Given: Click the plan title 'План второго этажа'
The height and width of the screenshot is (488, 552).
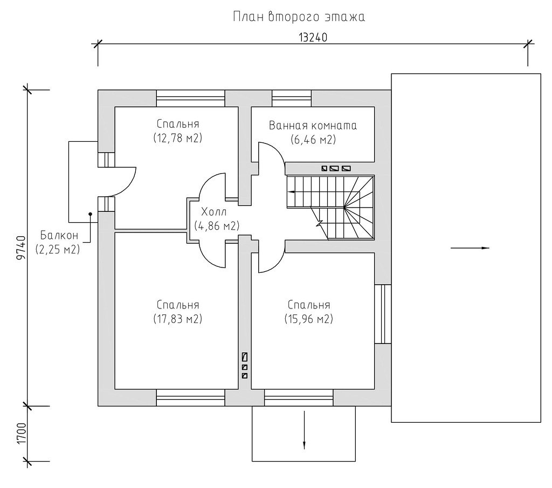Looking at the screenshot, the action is click(299, 17).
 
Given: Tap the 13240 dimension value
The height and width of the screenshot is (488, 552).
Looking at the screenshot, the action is click(313, 37).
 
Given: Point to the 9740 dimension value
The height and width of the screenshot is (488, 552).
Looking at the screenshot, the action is click(22, 248).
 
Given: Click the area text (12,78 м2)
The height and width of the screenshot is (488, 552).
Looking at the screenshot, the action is click(178, 138).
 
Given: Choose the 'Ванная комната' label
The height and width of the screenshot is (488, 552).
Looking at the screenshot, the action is click(313, 126).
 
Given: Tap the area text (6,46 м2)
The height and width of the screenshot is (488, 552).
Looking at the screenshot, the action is click(313, 140).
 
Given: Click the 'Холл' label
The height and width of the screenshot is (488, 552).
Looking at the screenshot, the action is click(213, 212).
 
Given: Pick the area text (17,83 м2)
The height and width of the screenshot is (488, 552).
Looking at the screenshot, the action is click(178, 319).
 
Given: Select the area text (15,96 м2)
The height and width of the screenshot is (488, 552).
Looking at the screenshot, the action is click(309, 319).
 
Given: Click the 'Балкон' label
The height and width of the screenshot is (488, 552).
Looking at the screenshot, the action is click(59, 235).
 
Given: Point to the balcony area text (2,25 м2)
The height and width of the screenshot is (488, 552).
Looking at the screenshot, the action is click(58, 249).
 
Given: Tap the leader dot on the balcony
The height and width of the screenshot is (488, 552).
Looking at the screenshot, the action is click(91, 214).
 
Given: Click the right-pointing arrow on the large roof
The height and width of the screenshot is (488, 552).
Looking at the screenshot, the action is click(470, 248).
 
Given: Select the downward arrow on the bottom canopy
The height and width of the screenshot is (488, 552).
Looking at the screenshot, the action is click(304, 430).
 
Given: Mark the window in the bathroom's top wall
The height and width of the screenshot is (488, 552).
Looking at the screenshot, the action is click(292, 98).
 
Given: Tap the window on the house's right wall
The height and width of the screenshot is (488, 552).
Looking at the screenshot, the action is click(383, 314).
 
